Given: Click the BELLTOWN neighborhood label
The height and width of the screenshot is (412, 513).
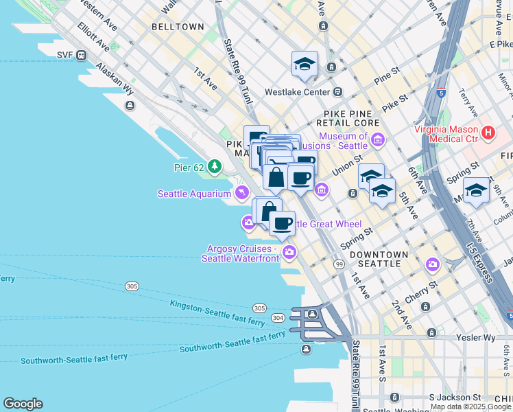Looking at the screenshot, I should click(178, 27).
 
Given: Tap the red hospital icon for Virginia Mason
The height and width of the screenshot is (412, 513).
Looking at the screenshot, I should click(488, 133).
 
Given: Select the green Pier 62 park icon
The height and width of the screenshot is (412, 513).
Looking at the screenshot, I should click(215, 166).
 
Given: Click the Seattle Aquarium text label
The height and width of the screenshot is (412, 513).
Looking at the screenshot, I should click(194, 194).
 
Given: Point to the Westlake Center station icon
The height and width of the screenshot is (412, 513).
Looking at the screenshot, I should click(337, 92).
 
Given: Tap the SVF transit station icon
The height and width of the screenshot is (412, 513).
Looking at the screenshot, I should click(82, 55).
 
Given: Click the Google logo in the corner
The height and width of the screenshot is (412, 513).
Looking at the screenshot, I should click(23, 404).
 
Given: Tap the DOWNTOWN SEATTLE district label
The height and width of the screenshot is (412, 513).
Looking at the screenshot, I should click(379, 259).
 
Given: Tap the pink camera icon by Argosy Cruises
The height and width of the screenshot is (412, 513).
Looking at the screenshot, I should click(290, 253).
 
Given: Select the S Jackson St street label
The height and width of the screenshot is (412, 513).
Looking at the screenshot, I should click(455, 398).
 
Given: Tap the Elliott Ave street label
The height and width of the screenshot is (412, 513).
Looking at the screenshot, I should click(93, 38).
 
